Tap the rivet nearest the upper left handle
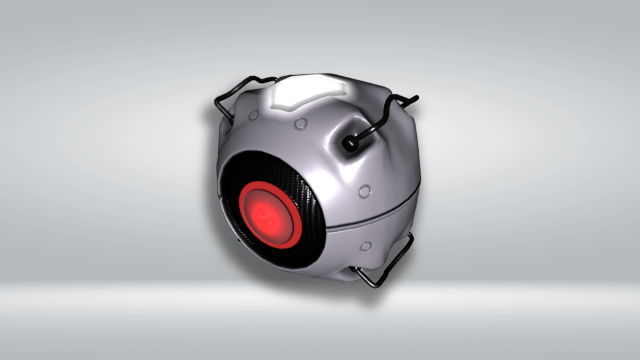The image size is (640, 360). [253, 116]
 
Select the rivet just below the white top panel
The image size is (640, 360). [301, 124]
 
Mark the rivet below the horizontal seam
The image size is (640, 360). [365, 246]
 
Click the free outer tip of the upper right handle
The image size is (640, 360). [415, 97]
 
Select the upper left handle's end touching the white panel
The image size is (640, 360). [275, 79]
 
